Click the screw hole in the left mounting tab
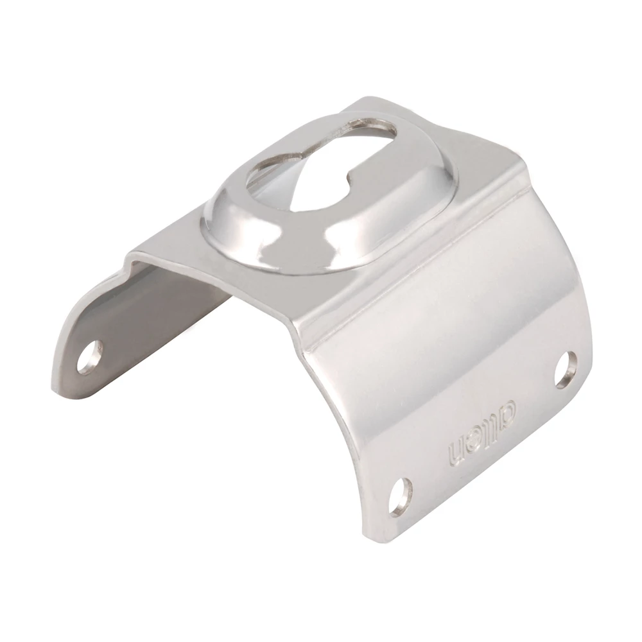[90, 357]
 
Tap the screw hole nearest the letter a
[565, 370]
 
